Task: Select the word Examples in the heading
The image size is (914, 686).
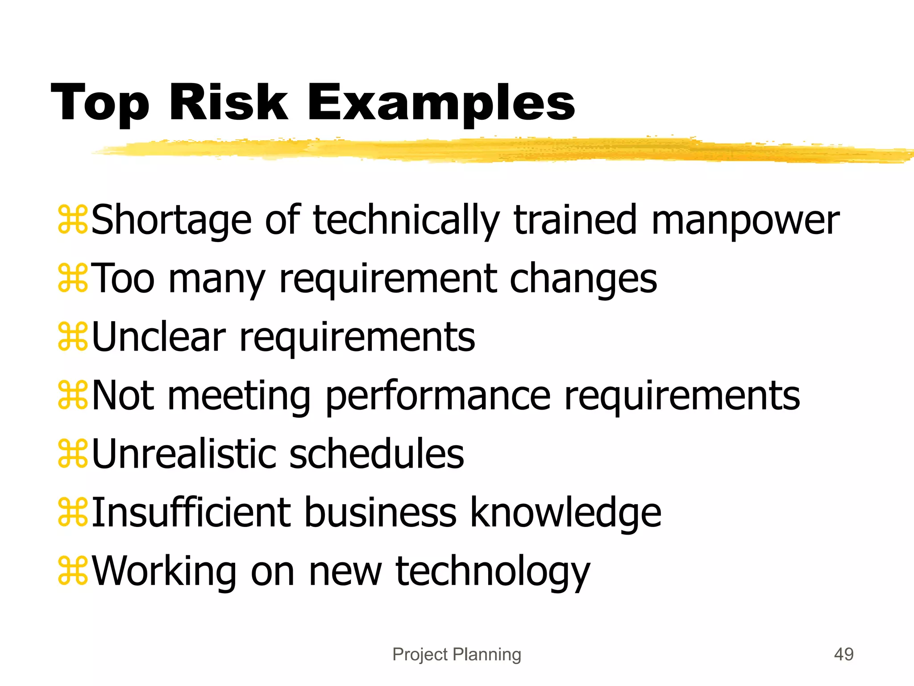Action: point(441,104)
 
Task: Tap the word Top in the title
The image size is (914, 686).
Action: point(100,104)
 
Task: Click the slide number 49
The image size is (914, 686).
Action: point(843,654)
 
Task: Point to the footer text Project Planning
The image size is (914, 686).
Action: point(457,654)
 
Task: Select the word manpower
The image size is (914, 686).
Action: point(745,221)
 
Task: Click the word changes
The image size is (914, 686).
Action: point(583,279)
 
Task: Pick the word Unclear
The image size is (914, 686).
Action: point(159,337)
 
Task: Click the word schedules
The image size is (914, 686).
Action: point(377,454)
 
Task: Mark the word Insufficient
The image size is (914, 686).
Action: point(191,513)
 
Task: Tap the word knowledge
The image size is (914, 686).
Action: point(565,513)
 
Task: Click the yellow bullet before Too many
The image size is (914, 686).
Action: point(73,279)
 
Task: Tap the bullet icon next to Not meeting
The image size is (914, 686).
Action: point(73,396)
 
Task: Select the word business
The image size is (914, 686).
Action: point(380,513)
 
